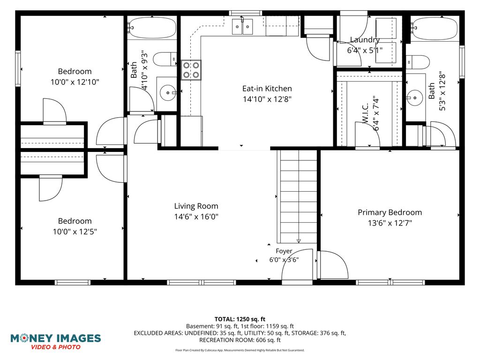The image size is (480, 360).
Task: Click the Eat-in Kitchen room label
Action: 267,89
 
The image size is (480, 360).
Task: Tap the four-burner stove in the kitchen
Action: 191,70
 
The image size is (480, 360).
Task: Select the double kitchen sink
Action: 242,27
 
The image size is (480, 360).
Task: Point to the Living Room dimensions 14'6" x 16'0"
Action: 196,217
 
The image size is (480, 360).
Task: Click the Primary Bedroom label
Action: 390,212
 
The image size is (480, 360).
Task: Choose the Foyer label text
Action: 284,251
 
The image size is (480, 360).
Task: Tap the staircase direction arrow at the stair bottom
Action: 299,241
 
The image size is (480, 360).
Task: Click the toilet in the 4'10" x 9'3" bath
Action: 165,59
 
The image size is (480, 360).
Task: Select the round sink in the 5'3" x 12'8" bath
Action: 414,98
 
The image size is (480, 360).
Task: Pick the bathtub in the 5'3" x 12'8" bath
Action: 434,29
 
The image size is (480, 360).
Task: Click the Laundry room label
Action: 365,40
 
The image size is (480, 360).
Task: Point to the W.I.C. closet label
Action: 366,114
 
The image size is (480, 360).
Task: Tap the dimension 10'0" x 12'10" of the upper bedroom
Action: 75,82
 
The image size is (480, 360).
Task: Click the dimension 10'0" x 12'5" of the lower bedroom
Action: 75,232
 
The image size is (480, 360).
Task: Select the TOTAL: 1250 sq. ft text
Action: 240,319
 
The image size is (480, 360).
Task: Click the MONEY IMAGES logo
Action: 56,342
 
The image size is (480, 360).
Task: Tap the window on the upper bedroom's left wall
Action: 18,68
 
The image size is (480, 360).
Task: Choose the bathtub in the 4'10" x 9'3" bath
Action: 152,28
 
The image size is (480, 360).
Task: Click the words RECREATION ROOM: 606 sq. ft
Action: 240,340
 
